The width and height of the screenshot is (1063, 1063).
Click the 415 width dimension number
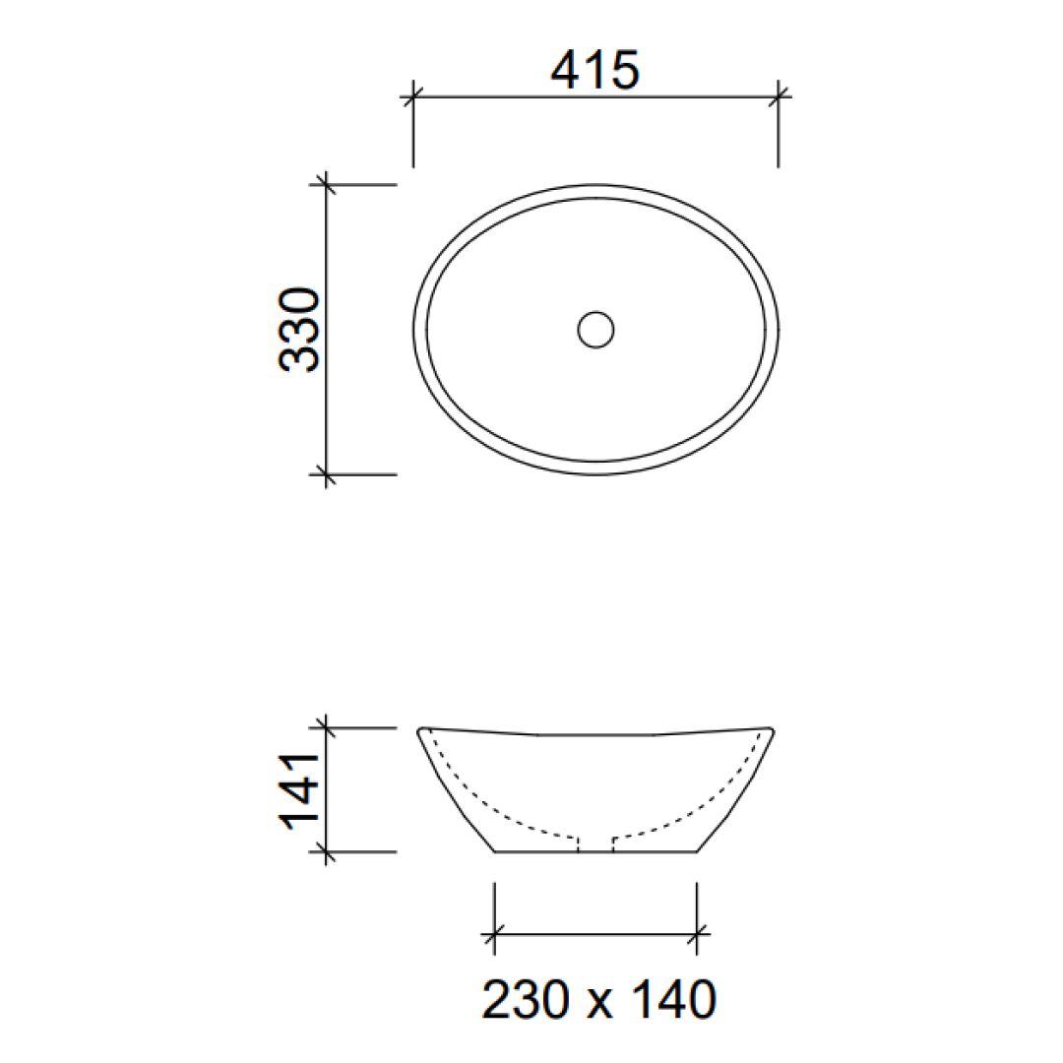[x=595, y=71]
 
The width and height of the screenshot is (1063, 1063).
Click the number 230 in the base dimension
[x=527, y=1000]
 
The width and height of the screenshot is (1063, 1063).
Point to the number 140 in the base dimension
[x=668, y=1000]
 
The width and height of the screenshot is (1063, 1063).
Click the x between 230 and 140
[x=597, y=1004]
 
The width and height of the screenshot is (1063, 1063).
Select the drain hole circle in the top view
[x=595, y=330]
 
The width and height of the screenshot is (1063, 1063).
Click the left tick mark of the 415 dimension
[x=412, y=95]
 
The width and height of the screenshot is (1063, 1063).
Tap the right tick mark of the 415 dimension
[x=779, y=95]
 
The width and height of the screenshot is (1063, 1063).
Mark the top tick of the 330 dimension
[x=326, y=184]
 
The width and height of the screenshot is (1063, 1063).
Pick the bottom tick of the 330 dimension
[x=326, y=474]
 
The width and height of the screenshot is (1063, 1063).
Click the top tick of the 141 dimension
[x=326, y=728]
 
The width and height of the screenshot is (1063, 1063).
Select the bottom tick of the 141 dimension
[x=326, y=852]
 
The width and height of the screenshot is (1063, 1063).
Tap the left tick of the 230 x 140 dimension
[x=494, y=933]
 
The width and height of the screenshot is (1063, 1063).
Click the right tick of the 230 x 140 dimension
[x=697, y=933]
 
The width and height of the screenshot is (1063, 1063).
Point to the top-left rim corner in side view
[x=421, y=730]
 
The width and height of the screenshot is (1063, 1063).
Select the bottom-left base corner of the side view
[x=494, y=851]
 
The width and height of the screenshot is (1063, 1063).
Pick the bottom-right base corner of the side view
[x=697, y=851]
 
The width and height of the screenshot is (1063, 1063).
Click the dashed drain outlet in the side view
[x=595, y=844]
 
